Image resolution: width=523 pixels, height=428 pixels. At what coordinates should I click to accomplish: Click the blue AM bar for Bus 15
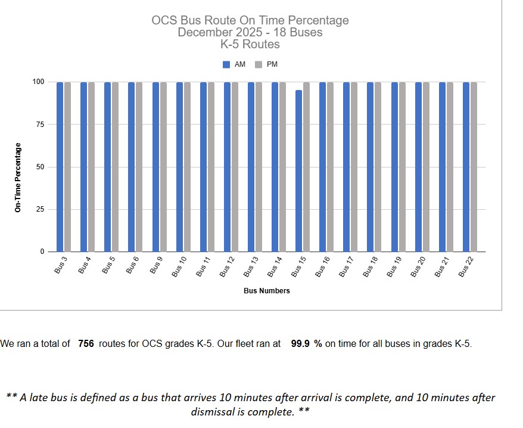[x=298, y=171]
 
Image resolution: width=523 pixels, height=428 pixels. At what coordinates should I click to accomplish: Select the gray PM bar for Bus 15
[x=306, y=167]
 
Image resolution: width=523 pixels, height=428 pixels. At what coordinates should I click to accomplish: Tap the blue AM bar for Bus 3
[x=60, y=167]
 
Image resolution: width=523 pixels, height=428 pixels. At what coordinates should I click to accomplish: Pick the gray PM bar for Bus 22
[x=474, y=167]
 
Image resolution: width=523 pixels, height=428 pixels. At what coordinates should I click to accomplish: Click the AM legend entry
[x=234, y=64]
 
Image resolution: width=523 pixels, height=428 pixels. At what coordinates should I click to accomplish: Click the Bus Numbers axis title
[x=266, y=291]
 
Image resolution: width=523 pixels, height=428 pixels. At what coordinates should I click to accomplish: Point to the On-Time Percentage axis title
[x=18, y=178]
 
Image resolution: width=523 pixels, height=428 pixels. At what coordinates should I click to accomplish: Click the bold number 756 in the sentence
[x=86, y=344]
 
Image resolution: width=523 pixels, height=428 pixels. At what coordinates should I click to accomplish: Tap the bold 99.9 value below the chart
[x=301, y=344]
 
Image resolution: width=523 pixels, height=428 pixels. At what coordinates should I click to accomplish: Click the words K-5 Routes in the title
[x=250, y=44]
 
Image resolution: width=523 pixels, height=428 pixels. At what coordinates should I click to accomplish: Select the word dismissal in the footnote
[x=214, y=411]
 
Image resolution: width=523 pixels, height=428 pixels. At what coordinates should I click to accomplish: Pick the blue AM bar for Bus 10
[x=179, y=167]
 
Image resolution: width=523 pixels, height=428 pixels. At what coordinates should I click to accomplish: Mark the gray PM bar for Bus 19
[x=402, y=167]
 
